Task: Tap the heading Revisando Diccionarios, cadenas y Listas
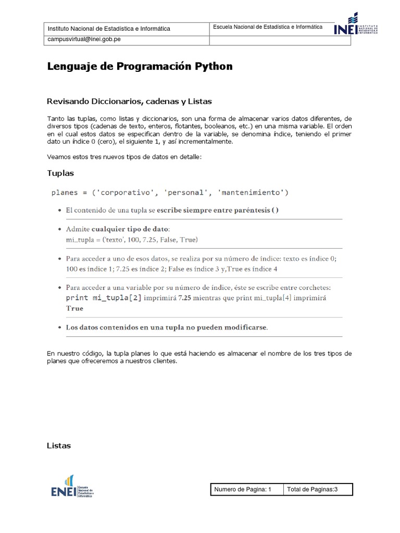129,101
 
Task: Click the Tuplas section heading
60,173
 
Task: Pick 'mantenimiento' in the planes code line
252,193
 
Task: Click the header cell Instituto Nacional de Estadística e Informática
109,29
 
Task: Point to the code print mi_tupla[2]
104,298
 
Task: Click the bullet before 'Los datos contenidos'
59,327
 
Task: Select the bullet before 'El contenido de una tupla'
59,210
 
